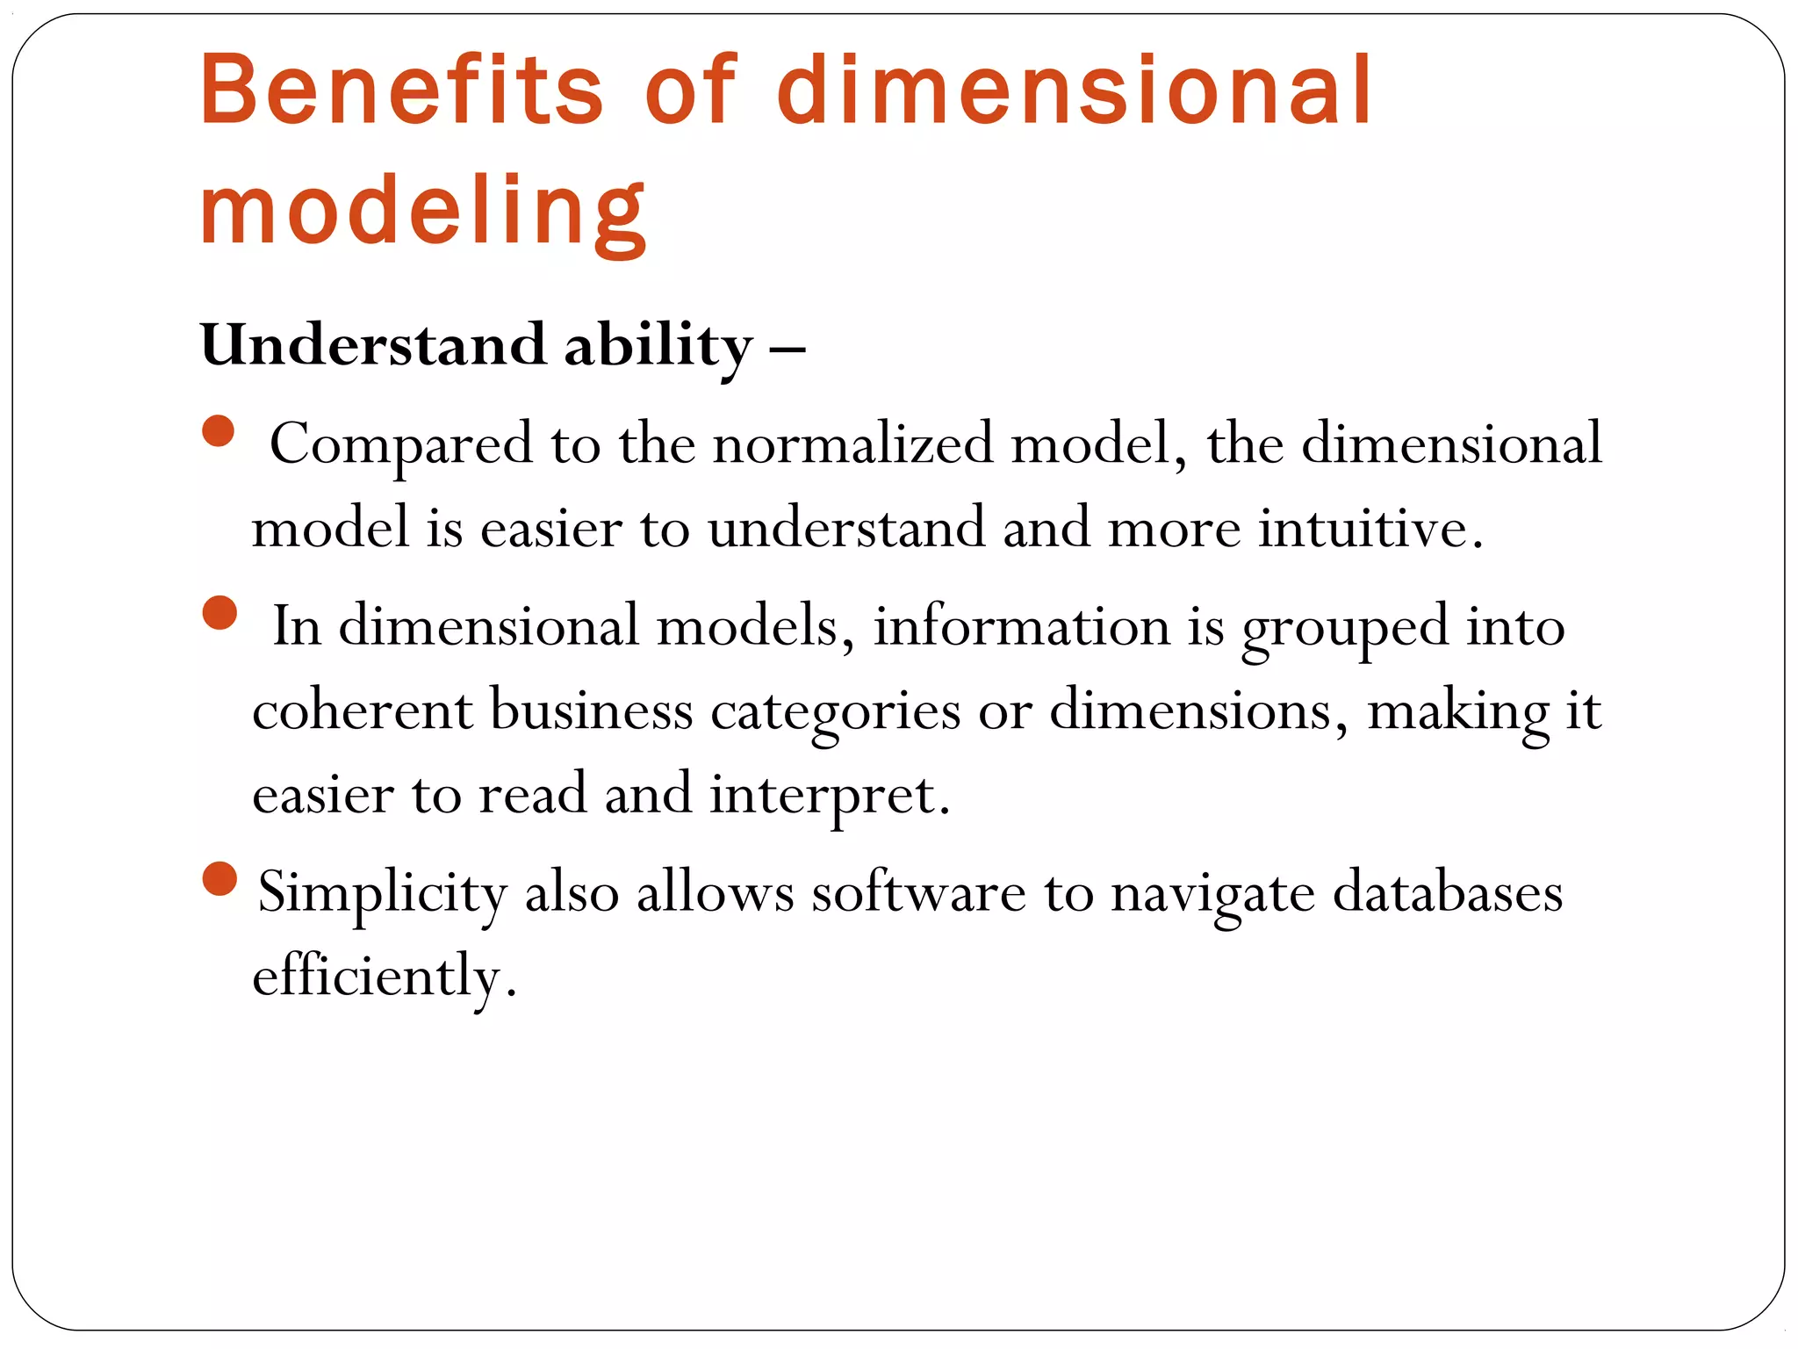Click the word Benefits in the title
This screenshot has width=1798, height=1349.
402,90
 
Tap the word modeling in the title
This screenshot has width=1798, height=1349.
423,211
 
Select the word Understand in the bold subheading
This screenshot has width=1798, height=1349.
374,344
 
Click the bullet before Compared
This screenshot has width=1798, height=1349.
219,431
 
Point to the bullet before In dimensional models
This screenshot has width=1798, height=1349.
219,613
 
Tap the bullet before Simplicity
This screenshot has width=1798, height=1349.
219,879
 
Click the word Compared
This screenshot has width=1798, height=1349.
401,444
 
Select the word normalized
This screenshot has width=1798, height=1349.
852,444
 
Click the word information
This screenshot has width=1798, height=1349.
1021,626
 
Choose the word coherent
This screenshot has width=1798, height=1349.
362,711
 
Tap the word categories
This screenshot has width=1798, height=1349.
835,712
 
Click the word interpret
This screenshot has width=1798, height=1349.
829,796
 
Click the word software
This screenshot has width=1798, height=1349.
918,892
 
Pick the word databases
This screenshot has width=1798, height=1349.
1448,892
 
